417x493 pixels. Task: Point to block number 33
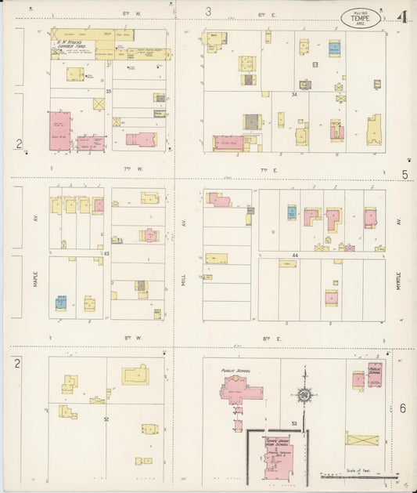click(x=109, y=92)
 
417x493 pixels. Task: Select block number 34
click(x=294, y=95)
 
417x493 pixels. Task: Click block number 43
click(x=106, y=253)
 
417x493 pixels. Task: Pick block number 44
click(x=296, y=256)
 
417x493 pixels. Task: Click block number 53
click(x=295, y=424)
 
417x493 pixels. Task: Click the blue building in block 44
click(x=291, y=212)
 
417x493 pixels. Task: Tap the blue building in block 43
click(x=60, y=301)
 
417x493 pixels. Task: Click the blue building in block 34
click(x=334, y=49)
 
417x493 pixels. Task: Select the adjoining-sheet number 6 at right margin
click(x=403, y=408)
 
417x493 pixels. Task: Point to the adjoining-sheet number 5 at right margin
click(x=404, y=175)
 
